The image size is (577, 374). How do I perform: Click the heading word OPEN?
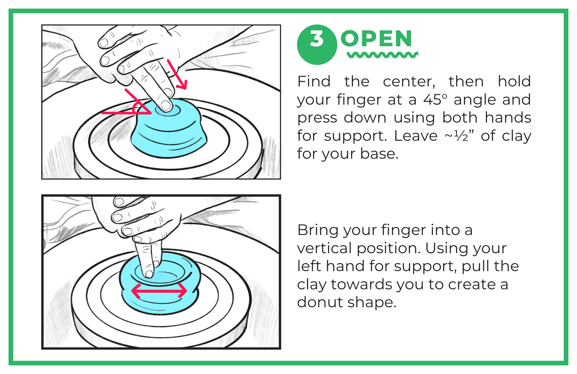tap(376, 39)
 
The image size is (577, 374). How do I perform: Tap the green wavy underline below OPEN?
tap(382, 55)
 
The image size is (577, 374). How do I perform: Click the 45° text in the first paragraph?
tap(435, 100)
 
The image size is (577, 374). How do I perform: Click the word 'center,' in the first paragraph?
tap(409, 82)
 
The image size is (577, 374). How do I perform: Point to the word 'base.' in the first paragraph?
tap(379, 153)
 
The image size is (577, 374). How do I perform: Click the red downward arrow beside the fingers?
tap(177, 75)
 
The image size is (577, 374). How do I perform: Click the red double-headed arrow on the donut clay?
tap(159, 290)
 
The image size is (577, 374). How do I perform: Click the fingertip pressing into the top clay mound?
tap(166, 105)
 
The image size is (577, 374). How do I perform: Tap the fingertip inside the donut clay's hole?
tap(149, 273)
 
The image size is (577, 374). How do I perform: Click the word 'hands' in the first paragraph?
tap(508, 118)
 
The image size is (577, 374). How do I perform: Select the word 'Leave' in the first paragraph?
tap(415, 136)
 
